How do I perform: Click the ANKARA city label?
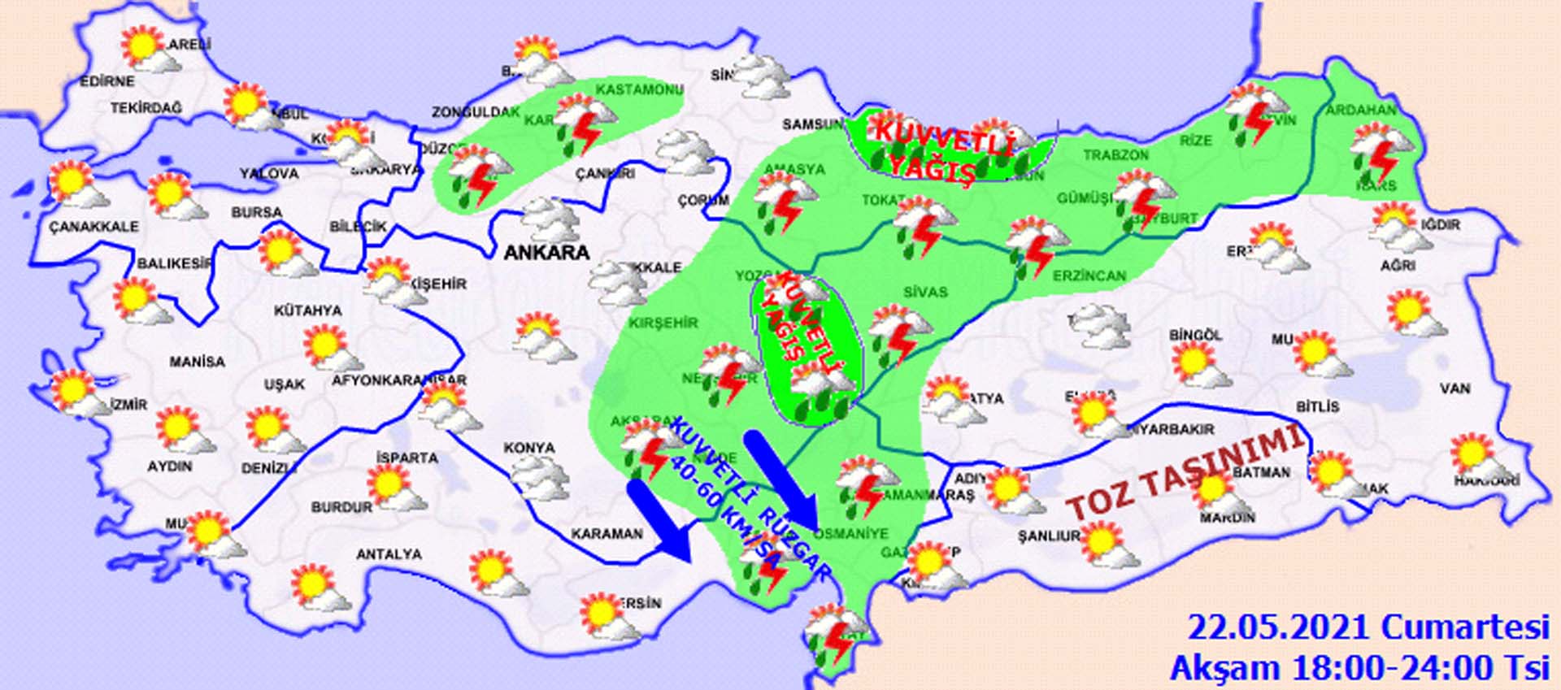(546, 253)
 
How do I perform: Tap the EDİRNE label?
(107, 81)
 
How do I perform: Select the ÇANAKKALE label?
(93, 227)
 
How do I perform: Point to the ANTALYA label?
(389, 554)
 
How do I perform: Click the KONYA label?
(529, 448)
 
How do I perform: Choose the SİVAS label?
(924, 292)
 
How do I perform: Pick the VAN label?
(1454, 388)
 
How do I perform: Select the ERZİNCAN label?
(1089, 276)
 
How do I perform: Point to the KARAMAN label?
(607, 534)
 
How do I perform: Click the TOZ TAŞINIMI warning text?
(1185, 474)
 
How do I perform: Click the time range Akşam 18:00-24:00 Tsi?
(1359, 668)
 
